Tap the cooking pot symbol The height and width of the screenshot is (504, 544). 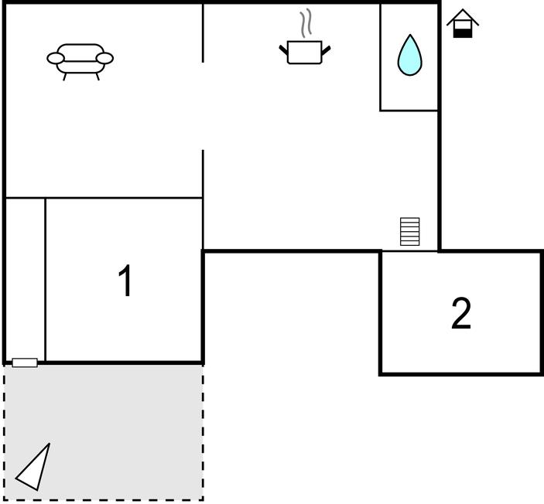305,52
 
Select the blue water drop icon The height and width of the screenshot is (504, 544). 409,55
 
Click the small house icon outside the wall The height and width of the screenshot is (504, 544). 463,23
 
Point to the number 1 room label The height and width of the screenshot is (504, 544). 125,281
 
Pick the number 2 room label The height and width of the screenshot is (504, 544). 461,314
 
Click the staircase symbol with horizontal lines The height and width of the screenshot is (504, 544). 409,232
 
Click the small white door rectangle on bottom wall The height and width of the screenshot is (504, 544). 25,363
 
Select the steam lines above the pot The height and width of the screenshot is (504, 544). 306,23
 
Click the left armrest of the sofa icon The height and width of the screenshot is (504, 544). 56,58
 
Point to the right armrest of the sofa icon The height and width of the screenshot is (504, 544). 104,58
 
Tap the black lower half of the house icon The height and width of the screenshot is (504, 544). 463,33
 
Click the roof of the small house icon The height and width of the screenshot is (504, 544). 463,18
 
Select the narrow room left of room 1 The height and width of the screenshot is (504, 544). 26,279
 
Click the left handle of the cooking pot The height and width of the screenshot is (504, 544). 283,50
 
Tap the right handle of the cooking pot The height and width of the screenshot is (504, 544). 326,50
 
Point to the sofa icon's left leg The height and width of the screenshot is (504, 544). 64,77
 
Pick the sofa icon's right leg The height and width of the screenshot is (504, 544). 98,77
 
